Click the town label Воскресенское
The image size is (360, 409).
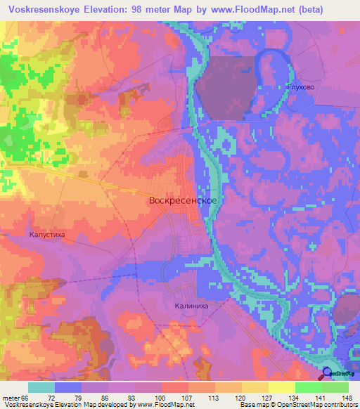click(x=182, y=200)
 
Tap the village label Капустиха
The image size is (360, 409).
click(x=46, y=236)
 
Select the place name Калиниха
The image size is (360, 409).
click(x=193, y=306)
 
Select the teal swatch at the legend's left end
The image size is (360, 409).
click(x=41, y=387)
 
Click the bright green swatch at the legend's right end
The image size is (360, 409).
click(x=335, y=387)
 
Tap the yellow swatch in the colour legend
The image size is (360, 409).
click(x=282, y=387)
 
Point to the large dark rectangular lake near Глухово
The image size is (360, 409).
click(x=225, y=84)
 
